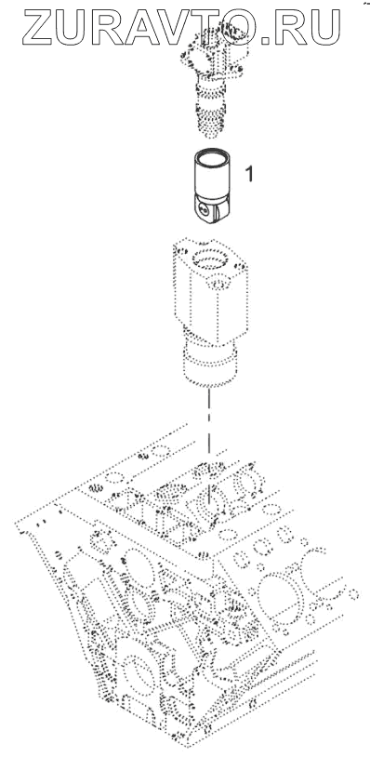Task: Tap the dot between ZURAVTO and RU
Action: point(265,41)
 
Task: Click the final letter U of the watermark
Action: point(323,28)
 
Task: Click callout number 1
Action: point(249,174)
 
